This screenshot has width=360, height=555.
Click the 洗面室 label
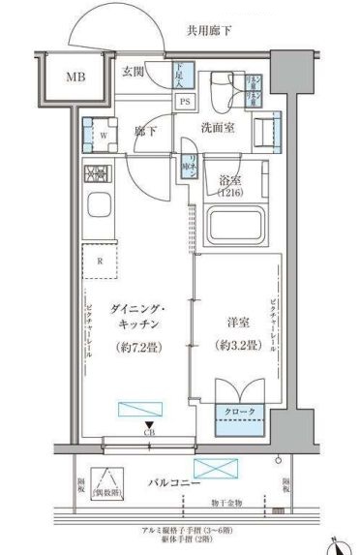point(220,129)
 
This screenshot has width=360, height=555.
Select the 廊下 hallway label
point(145,130)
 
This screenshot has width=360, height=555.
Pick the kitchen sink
point(101,206)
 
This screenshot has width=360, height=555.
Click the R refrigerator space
point(99,261)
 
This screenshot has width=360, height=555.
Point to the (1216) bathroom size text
point(233,194)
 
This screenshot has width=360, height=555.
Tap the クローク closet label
point(240,412)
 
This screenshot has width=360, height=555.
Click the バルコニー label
point(174,481)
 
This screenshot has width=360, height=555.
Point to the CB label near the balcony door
point(148,432)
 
